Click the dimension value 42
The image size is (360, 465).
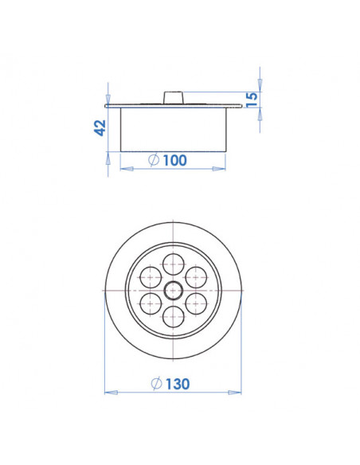point(100,127)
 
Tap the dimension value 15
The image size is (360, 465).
point(252,100)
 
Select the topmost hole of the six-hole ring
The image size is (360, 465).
point(173,264)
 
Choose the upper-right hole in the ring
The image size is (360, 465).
point(196,277)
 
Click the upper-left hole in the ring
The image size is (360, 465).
point(150,277)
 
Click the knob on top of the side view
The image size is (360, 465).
point(173,97)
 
